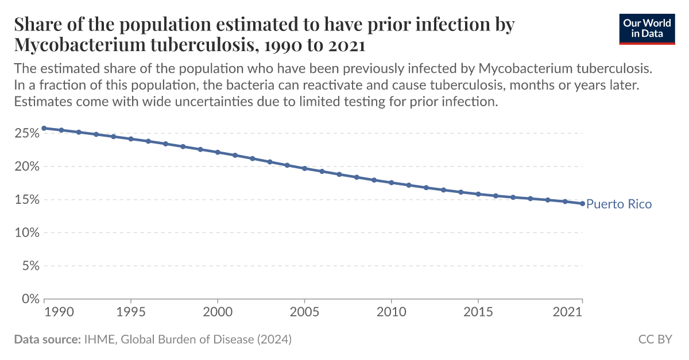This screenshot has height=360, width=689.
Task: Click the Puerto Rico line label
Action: (619, 204)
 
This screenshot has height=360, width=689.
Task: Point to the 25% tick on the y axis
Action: (26, 133)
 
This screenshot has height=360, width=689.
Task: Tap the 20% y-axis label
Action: (26, 167)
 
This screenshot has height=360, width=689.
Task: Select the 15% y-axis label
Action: (26, 200)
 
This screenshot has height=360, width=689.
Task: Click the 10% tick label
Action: (26, 233)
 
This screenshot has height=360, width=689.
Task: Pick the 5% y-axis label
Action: (29, 266)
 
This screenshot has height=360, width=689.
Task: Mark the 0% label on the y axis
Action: (29, 299)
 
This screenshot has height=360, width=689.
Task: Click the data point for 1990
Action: (44, 128)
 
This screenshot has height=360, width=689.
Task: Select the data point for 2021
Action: (582, 203)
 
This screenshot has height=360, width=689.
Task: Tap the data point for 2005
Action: (304, 168)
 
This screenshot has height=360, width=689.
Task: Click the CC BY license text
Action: (655, 339)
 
